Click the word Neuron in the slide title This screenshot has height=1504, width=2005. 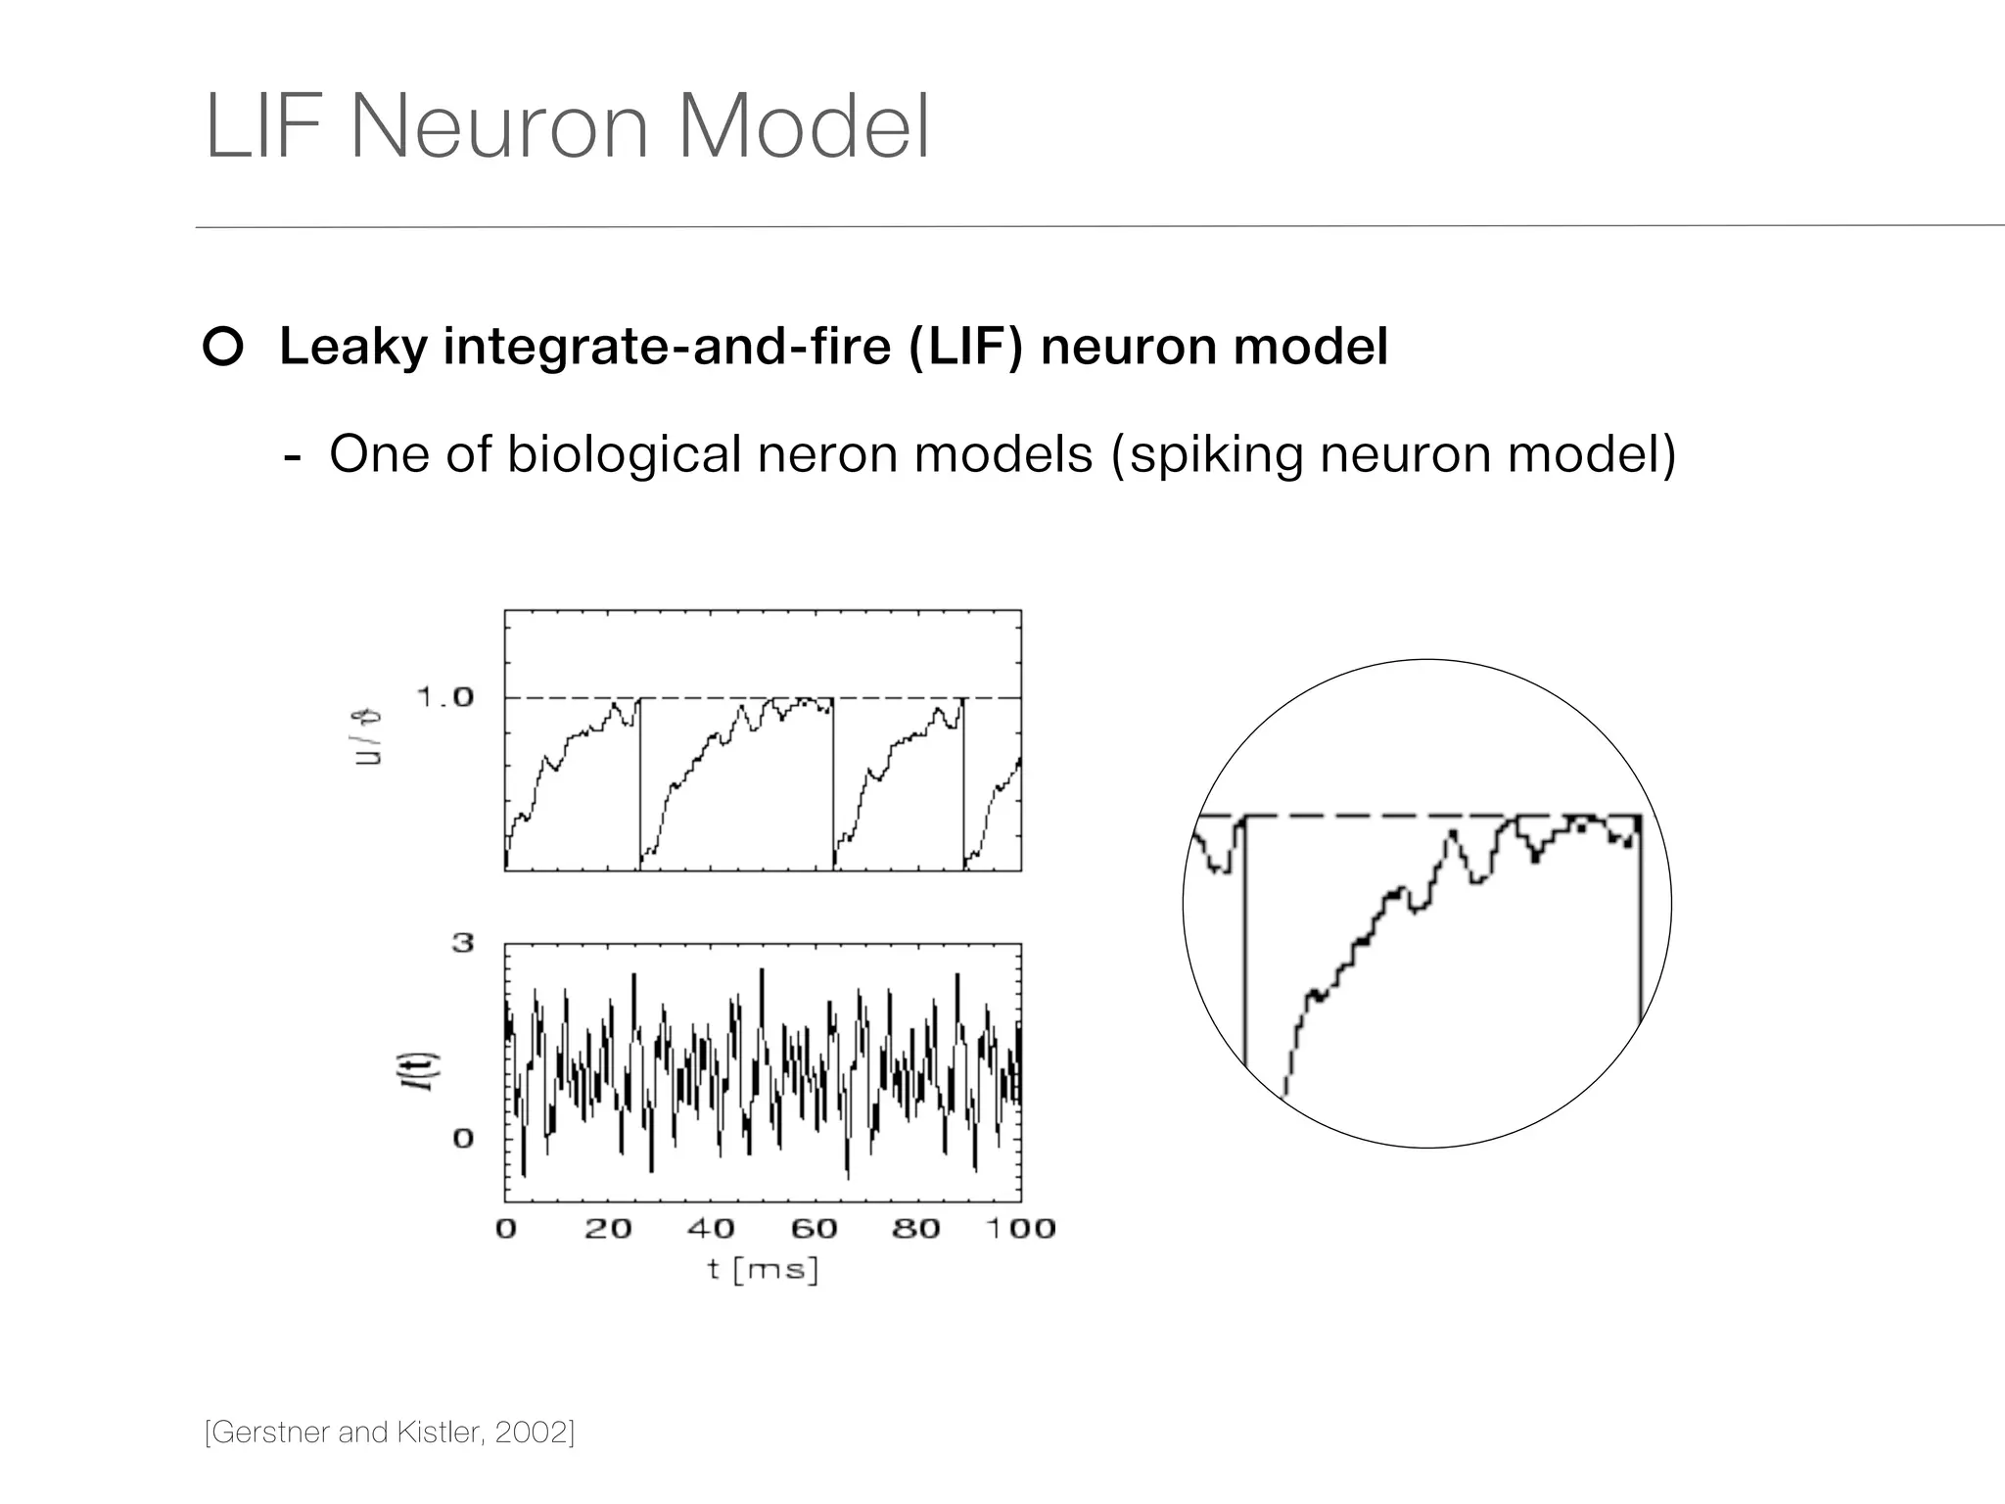click(499, 127)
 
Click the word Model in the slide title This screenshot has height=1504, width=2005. click(803, 127)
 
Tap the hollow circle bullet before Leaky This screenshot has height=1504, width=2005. click(223, 348)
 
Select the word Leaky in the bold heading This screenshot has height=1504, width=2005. click(353, 347)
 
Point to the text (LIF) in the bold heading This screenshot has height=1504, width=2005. click(965, 347)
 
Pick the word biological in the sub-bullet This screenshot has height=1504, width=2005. click(624, 454)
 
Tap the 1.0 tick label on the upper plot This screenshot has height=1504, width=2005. click(445, 697)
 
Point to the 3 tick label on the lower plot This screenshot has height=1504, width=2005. click(463, 943)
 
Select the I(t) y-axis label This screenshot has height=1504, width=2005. click(426, 1072)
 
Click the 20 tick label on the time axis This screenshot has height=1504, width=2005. click(608, 1229)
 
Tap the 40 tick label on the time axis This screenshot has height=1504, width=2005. click(711, 1229)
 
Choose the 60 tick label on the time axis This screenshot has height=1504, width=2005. click(815, 1229)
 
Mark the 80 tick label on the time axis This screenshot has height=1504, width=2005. click(916, 1229)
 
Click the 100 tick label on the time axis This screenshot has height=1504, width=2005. click(1020, 1229)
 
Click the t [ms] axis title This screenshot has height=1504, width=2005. click(763, 1271)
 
